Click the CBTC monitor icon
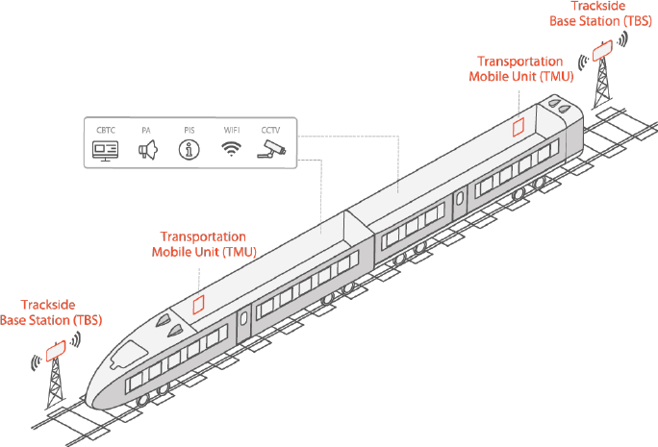pyautogui.click(x=105, y=151)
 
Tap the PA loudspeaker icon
pyautogui.click(x=148, y=150)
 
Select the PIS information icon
pyautogui.click(x=190, y=150)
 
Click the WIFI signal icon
pyautogui.click(x=231, y=149)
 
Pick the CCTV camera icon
pyautogui.click(x=271, y=150)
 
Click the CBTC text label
pyautogui.click(x=105, y=130)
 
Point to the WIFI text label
pyautogui.click(x=232, y=130)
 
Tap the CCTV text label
pyautogui.click(x=270, y=130)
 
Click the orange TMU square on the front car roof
pyautogui.click(x=198, y=305)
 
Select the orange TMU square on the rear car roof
pyautogui.click(x=519, y=127)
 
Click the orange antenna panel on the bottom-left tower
pyautogui.click(x=56, y=351)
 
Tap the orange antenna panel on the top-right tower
pyautogui.click(x=602, y=50)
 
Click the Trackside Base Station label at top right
pyautogui.click(x=600, y=13)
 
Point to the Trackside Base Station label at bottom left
pyautogui.click(x=51, y=312)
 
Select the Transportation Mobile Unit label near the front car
pyautogui.click(x=204, y=244)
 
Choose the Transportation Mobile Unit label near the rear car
pyautogui.click(x=520, y=69)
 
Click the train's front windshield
pyautogui.click(x=126, y=355)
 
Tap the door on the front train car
pyautogui.click(x=243, y=324)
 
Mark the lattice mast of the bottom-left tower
pyautogui.click(x=55, y=384)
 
